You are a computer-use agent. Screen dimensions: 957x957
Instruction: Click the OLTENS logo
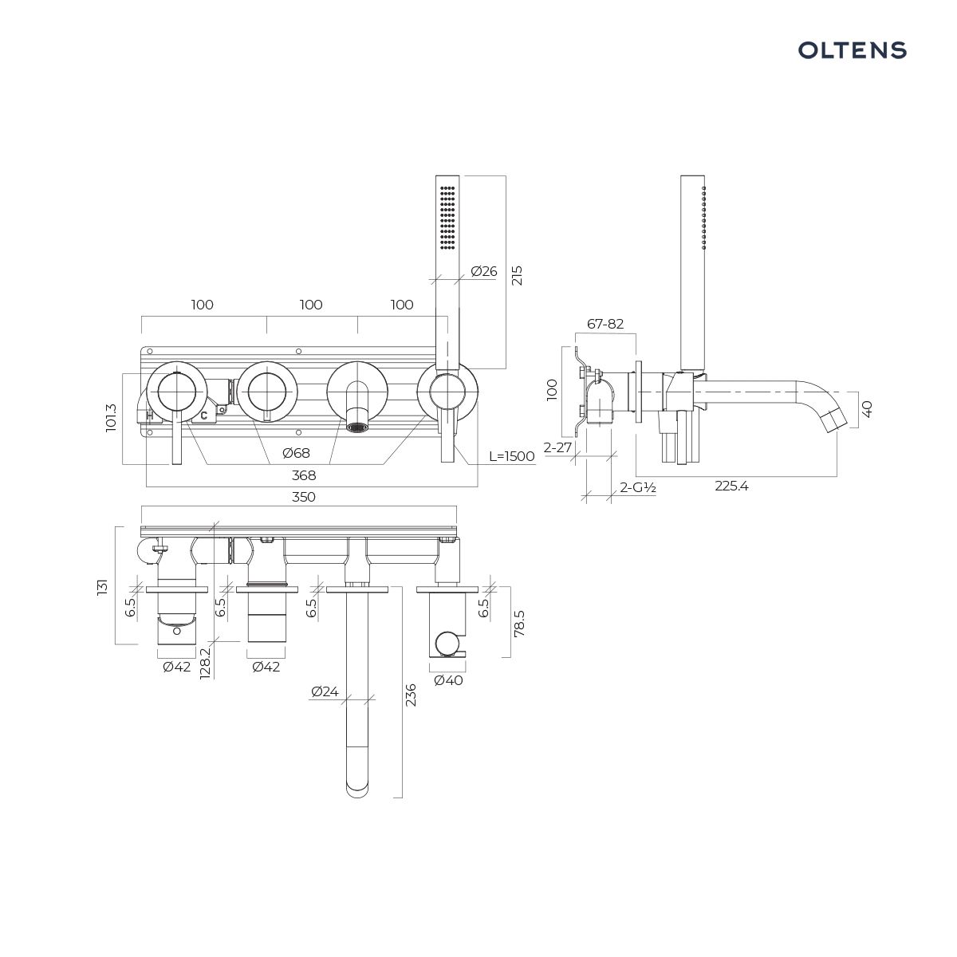coord(852,50)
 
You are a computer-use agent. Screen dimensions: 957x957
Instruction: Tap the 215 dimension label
coord(517,275)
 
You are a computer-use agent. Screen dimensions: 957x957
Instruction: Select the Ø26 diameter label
coord(484,271)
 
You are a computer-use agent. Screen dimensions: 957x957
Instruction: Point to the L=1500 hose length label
coord(511,456)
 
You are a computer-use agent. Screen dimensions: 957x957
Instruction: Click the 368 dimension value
coord(303,475)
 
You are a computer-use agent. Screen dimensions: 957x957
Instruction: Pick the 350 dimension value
coord(303,497)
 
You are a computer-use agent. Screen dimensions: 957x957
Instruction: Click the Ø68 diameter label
coord(296,453)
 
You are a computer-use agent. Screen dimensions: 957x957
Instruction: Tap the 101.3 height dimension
coord(111,418)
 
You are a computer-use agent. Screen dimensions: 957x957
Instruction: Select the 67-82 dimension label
coord(605,324)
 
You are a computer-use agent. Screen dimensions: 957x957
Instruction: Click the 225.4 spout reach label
coord(731,486)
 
